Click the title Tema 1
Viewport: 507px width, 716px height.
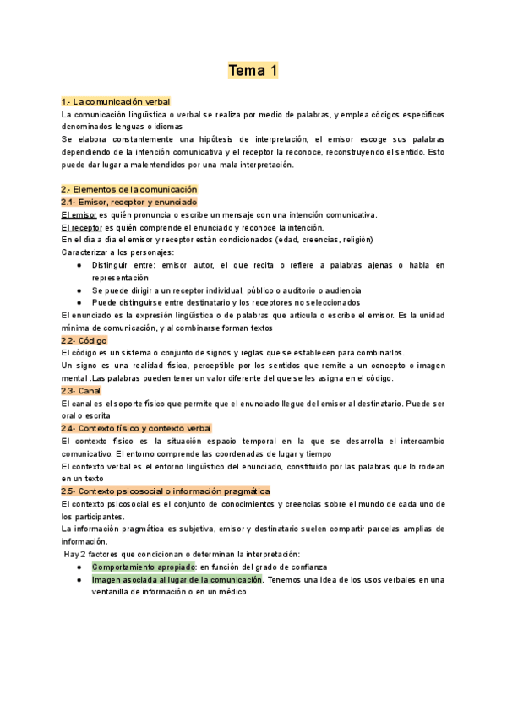253,71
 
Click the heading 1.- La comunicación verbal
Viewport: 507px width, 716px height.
116,101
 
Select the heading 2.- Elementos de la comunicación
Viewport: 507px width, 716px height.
129,189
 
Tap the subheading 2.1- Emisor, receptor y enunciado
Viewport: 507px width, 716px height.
129,203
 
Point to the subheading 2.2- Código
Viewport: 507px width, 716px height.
84,339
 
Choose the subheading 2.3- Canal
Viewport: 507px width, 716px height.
81,391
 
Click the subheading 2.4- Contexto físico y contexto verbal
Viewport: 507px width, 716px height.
136,428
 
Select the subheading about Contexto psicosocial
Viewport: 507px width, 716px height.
166,491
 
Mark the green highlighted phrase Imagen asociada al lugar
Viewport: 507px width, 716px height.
177,579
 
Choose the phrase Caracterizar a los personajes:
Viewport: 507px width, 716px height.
118,252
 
